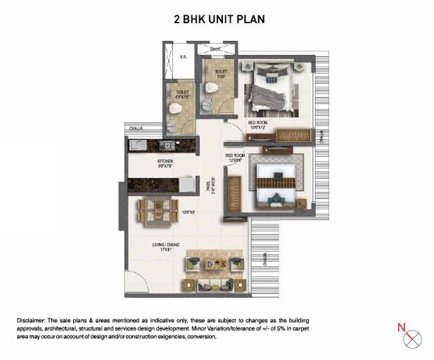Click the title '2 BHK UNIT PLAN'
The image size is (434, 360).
[219, 20]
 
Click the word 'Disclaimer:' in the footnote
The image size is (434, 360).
[34, 320]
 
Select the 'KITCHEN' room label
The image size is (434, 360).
[165, 162]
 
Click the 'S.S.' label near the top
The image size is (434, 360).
[183, 56]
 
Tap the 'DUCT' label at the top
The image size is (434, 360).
[216, 50]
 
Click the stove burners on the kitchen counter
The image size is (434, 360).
[138, 146]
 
